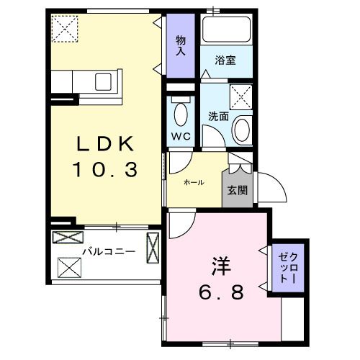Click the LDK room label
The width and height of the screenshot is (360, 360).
pos(106,144)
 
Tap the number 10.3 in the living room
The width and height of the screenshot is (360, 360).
pos(106,170)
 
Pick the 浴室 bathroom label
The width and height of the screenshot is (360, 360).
pos(225,61)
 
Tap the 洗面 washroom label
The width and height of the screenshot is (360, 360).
pos(219,115)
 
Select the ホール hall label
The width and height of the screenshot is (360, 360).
pos(194,183)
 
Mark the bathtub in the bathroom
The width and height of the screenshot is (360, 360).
pos(225,31)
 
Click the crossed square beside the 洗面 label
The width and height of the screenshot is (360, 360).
pos(240,96)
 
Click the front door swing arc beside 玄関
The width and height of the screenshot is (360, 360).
pos(267,189)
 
